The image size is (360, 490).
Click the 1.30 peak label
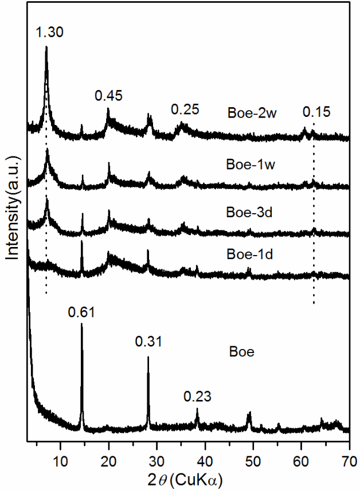49,33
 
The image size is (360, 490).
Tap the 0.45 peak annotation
109,95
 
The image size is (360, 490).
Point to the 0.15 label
316,112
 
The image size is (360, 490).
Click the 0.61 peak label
81,312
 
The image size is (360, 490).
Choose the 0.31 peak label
148,342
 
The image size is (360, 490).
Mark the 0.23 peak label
197,396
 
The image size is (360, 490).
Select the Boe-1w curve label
244,165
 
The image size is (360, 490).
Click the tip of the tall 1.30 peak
46,47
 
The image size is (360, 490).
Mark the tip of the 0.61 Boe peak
81,324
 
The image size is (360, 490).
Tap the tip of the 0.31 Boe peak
148,356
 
